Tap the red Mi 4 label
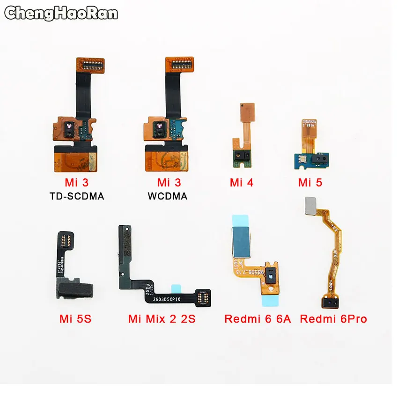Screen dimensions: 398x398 [x=242, y=183]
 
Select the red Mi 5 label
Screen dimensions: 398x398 [x=310, y=183]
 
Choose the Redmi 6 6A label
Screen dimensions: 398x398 [x=258, y=319]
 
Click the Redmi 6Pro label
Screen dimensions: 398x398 [x=333, y=319]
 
